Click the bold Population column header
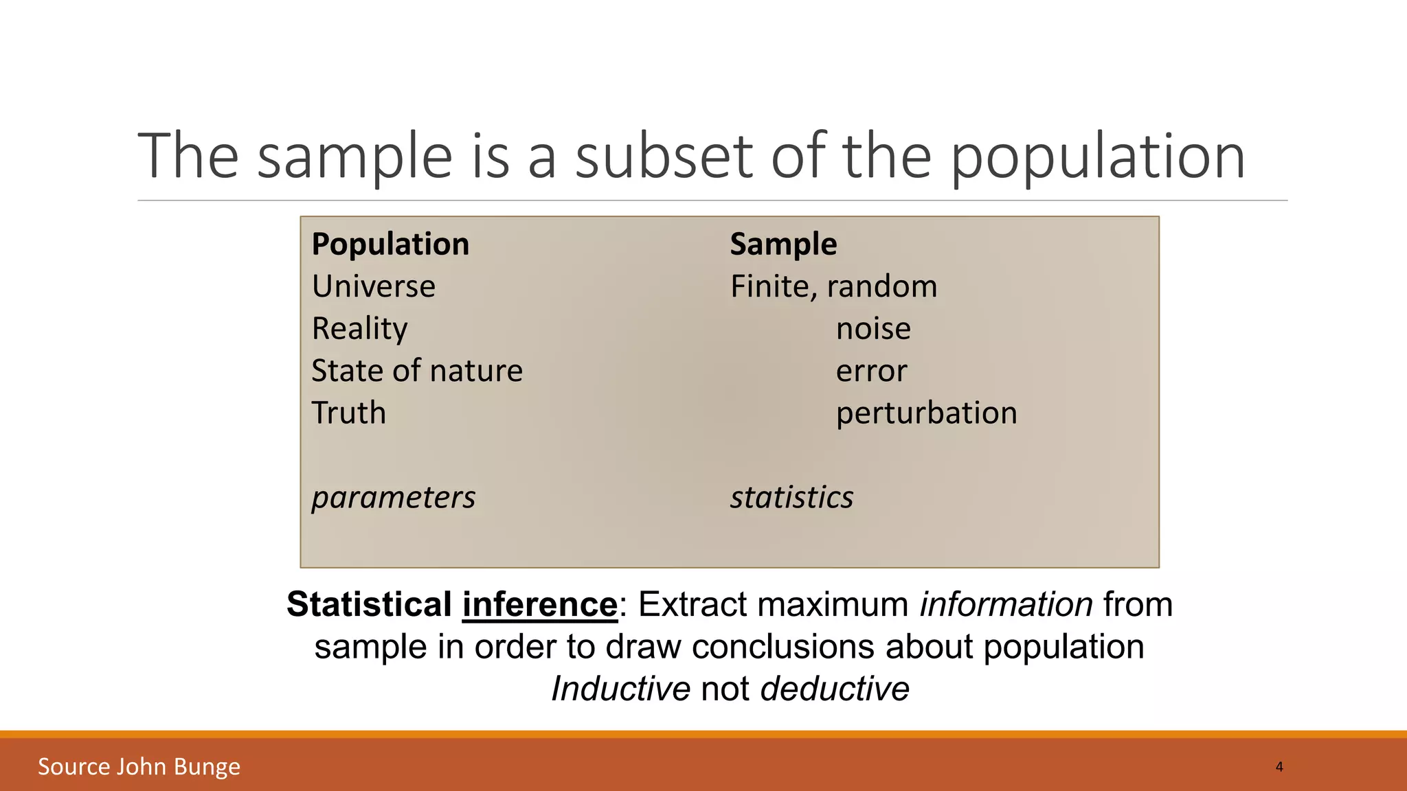pos(390,244)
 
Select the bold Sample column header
pos(783,244)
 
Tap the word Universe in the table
pos(373,286)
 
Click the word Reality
pos(359,329)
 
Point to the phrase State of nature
pos(417,371)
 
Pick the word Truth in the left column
pos(348,413)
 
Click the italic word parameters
pos(393,497)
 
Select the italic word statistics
pos(791,497)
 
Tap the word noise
pos(873,329)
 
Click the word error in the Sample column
pos(871,371)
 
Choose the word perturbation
pos(926,413)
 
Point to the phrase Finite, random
pos(833,286)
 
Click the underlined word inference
pos(539,605)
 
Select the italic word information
pos(1006,605)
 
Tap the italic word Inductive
pos(620,689)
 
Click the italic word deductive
pos(835,689)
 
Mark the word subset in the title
pos(664,157)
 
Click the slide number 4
pos(1279,766)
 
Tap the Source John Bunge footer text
pos(139,766)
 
